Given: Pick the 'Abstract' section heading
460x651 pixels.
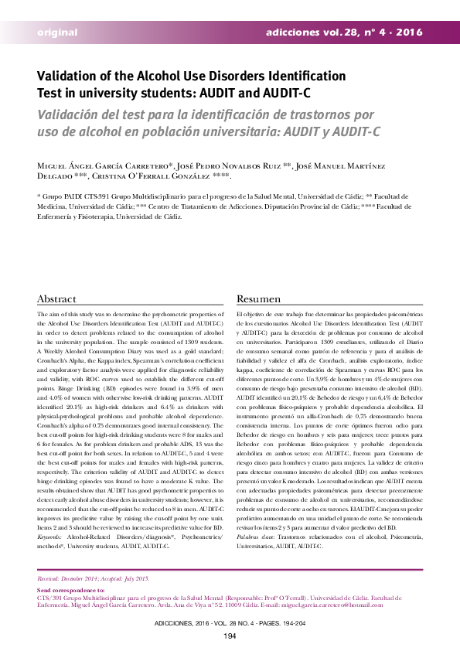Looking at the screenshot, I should pyautogui.click(x=57, y=299).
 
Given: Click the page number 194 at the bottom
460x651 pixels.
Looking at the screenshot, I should pyautogui.click(x=230, y=636).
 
